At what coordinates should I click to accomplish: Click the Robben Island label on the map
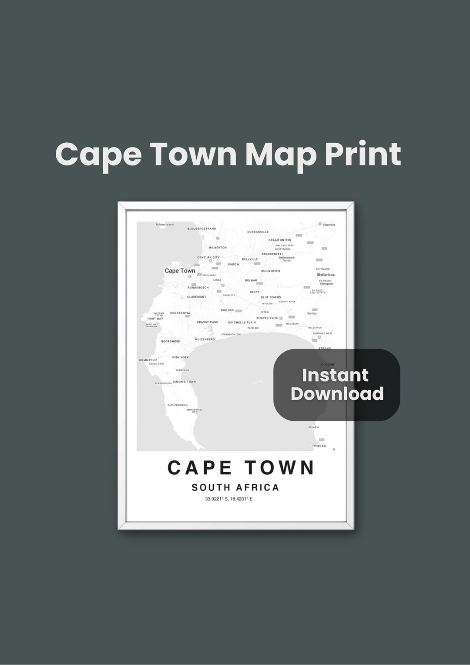tap(164, 225)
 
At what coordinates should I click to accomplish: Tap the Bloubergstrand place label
tap(201, 228)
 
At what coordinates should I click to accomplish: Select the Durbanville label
tap(258, 232)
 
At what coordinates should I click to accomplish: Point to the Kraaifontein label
tap(280, 240)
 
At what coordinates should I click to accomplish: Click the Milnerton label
tap(218, 248)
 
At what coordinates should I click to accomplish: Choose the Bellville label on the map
tap(250, 259)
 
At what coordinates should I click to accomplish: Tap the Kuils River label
tap(271, 271)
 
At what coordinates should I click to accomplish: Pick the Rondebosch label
tap(198, 288)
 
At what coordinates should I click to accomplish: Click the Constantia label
tap(180, 313)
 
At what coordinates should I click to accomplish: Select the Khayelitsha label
tap(267, 318)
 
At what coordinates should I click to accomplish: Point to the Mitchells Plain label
tap(242, 322)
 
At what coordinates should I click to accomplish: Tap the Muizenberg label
tap(205, 339)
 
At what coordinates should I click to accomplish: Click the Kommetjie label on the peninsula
tap(148, 360)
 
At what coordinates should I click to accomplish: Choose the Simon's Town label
tap(185, 382)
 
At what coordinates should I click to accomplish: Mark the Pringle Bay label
tap(319, 446)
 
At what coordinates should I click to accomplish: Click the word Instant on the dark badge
tap(335, 375)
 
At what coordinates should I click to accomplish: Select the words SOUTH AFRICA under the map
tap(235, 487)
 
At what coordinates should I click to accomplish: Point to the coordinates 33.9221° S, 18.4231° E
tap(229, 499)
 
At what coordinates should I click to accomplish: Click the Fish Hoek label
tap(180, 357)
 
